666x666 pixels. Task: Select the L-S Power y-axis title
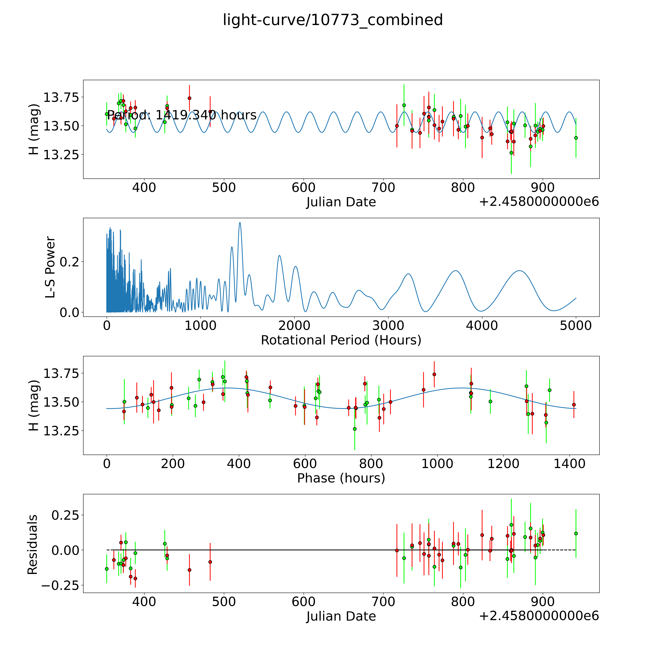(50, 267)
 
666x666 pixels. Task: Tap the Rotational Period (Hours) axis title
(341, 340)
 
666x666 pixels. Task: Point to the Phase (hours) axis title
(341, 478)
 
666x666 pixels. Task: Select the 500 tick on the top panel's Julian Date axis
(224, 187)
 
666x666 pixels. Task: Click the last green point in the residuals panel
(576, 533)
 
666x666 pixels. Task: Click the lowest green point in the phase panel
(355, 429)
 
